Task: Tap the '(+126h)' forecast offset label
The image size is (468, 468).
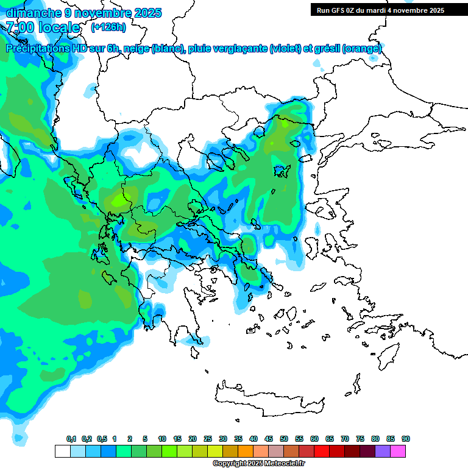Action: pos(108,27)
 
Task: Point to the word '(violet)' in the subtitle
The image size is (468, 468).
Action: pos(285,49)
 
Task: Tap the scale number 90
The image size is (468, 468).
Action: pos(406,439)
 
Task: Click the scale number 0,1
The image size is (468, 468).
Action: pos(71,439)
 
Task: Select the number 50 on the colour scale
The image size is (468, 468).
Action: pos(284,439)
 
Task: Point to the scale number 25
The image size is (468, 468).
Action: pos(208,439)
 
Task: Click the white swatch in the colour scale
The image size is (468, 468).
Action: pos(62,451)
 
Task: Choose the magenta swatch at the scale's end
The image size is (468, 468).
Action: pos(398,451)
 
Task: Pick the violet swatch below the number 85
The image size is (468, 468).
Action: pos(383,451)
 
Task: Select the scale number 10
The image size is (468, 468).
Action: pos(162,439)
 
